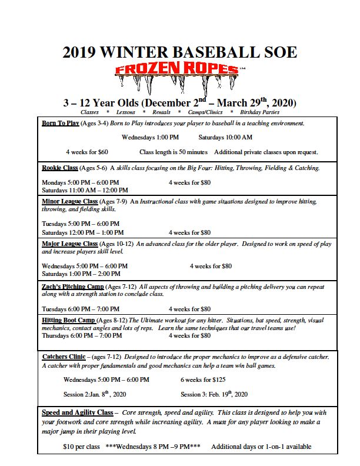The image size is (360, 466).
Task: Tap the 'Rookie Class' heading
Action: coord(60,168)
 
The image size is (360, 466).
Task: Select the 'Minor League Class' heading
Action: coord(70,202)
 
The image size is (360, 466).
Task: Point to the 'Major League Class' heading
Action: coord(69,244)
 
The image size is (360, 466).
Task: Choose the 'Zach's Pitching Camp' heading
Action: coord(73,287)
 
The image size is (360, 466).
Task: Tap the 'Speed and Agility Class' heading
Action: coord(77,412)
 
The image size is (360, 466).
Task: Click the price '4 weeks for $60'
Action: coord(87,152)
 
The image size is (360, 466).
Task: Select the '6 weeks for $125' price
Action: coord(203,380)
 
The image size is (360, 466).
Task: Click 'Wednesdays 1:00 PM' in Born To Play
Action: coord(150,138)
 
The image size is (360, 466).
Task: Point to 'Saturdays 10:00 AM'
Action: coord(225,138)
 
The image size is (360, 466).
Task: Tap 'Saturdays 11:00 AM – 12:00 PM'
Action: coord(85,190)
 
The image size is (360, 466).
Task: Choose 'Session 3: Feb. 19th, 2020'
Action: coord(214,394)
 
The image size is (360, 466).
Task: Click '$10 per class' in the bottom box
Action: coord(81,447)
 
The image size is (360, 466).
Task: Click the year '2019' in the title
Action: coord(82,52)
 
